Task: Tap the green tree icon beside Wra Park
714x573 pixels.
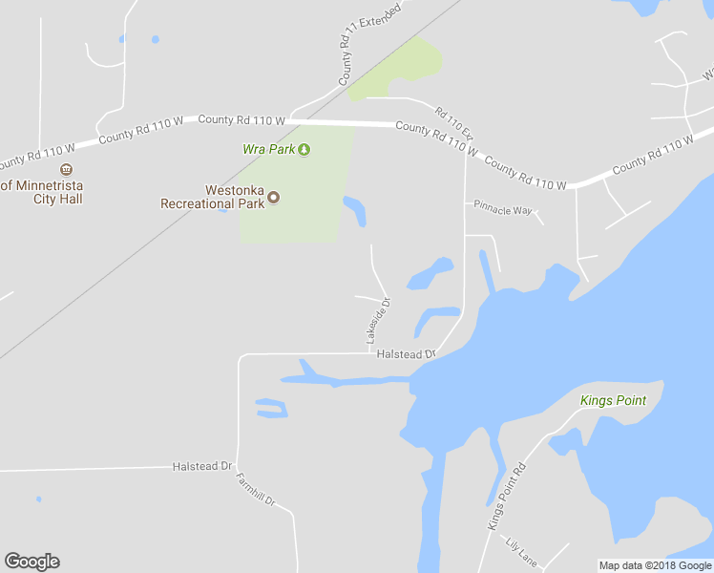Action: coord(304,149)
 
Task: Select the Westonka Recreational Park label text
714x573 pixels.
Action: coord(212,197)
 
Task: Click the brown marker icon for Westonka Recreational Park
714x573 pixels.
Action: coord(274,198)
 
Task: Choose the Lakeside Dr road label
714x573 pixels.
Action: coord(378,322)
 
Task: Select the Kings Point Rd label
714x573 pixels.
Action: coord(507,497)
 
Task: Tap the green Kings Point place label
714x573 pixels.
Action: coord(613,400)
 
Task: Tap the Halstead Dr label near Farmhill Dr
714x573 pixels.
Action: coord(202,466)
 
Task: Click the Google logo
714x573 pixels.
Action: coord(32,562)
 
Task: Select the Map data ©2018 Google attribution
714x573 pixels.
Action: coord(655,565)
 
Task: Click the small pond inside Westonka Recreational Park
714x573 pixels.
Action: coord(354,210)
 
